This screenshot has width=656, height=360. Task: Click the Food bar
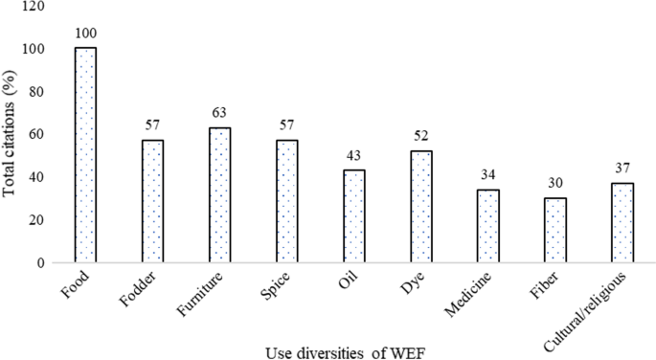coord(86,155)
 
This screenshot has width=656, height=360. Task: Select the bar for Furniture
coord(220,194)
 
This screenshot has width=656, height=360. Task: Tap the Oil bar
coord(354,215)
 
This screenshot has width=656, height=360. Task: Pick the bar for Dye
coord(420,206)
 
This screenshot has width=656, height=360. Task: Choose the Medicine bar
coord(488,225)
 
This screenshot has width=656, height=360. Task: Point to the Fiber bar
coord(554,230)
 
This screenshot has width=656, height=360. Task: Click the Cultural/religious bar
coord(622,222)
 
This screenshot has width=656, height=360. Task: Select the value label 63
coord(220,113)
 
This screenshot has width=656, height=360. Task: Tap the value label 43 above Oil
coord(354,155)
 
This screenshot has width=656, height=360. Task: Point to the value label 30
coord(554,183)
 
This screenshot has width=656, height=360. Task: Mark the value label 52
coord(420,136)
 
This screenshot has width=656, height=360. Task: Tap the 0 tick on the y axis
coord(42,262)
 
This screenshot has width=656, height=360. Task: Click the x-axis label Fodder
coord(141,290)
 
